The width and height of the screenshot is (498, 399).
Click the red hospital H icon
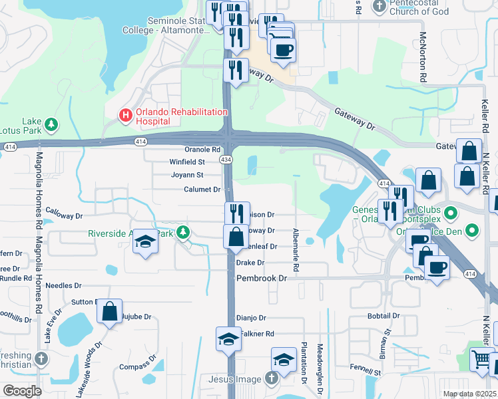(124, 115)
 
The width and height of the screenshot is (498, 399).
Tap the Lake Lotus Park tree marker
(51, 124)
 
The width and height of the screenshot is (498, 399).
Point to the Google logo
(23, 390)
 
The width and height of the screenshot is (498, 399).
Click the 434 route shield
(227, 160)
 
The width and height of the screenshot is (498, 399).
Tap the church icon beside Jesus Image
(270, 378)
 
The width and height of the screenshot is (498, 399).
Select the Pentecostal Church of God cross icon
(379, 7)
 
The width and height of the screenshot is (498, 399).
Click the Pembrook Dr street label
(262, 278)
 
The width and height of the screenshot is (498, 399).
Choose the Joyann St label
(188, 175)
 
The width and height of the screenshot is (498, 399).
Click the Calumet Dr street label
(202, 190)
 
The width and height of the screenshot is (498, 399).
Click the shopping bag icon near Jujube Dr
(110, 311)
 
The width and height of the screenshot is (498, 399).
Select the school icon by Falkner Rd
(228, 339)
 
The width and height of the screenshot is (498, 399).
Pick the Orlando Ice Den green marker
(472, 231)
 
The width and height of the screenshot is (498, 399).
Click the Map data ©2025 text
(469, 394)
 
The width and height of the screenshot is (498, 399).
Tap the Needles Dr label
(65, 285)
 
